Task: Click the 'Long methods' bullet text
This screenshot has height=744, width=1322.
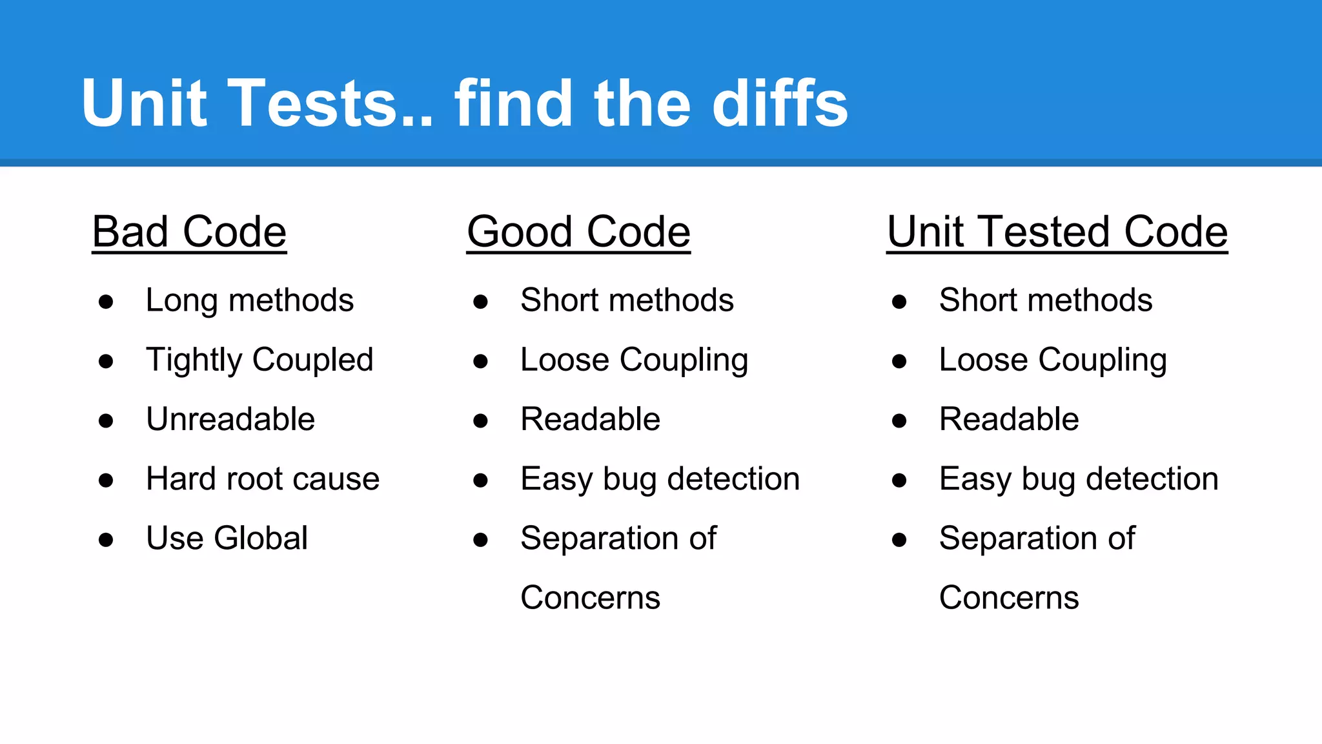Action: [x=250, y=300]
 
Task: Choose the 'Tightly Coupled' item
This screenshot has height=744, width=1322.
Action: [x=259, y=360]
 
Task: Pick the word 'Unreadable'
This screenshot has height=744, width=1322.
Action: [x=230, y=419]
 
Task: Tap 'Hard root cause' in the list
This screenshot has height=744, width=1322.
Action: [x=263, y=479]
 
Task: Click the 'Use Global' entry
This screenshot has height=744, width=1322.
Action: [x=227, y=538]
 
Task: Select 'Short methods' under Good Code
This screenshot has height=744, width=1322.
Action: [x=627, y=300]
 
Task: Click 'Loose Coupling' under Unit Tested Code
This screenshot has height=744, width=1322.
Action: [x=1053, y=360]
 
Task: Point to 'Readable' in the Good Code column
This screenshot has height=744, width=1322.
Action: [x=590, y=419]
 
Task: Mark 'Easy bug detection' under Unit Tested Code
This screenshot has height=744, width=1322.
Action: [x=1079, y=479]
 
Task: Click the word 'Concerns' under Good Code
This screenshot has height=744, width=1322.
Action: [x=590, y=597]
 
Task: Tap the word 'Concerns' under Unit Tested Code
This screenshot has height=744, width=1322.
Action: [x=1009, y=597]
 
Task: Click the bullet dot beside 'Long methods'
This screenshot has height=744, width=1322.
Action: [x=106, y=302]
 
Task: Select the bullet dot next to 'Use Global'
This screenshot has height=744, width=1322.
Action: [x=106, y=539]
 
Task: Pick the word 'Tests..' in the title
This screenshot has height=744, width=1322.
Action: [x=330, y=103]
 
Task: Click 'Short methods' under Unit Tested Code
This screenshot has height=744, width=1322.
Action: [x=1046, y=300]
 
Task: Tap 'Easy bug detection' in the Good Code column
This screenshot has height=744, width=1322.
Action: [x=660, y=479]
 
